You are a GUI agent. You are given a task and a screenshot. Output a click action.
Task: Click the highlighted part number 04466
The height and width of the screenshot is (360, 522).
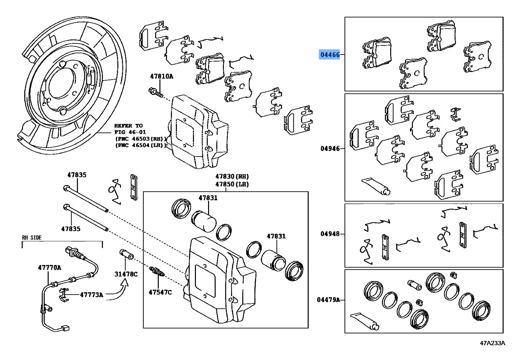(x=330, y=55)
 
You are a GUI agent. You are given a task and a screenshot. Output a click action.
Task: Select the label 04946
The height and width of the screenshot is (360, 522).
(x=330, y=149)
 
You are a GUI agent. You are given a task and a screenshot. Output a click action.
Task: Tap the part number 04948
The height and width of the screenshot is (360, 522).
(x=330, y=234)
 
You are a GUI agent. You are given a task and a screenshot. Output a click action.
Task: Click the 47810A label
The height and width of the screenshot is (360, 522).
(x=161, y=76)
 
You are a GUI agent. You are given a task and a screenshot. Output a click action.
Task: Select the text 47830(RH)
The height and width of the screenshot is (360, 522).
(x=232, y=176)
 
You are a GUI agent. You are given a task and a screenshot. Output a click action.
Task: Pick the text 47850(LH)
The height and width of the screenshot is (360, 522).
(x=232, y=184)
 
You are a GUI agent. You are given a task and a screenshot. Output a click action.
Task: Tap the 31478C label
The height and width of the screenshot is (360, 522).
(x=126, y=274)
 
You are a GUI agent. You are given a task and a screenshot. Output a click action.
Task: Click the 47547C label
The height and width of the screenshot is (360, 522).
(x=160, y=292)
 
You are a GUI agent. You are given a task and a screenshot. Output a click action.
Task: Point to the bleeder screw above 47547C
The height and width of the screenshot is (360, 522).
(x=158, y=273)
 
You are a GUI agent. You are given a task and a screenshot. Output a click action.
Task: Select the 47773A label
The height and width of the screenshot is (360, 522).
(x=91, y=295)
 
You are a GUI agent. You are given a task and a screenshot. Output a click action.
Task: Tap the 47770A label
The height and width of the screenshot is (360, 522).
(x=49, y=267)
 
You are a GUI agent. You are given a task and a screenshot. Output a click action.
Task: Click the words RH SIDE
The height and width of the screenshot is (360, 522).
(x=32, y=237)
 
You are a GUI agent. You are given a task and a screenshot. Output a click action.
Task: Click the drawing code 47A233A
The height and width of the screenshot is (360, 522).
(x=492, y=343)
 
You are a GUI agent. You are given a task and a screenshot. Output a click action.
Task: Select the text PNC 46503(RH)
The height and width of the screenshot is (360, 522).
(x=141, y=138)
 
